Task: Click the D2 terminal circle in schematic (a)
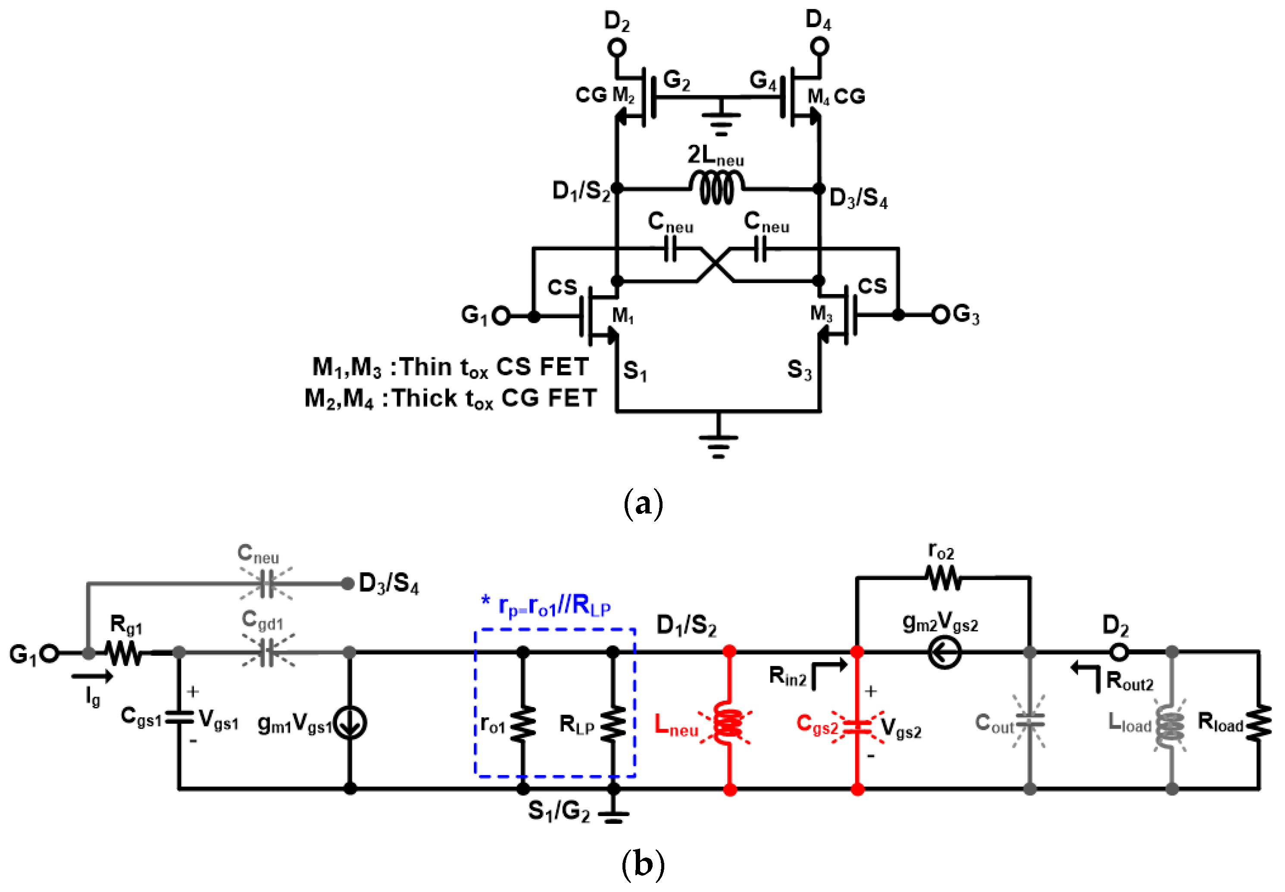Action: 617,47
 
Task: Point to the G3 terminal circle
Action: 940,315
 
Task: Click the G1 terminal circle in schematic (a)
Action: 500,316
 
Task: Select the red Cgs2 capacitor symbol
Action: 857,726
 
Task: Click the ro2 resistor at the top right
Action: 943,578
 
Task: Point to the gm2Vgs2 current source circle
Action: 944,652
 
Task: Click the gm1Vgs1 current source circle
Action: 350,723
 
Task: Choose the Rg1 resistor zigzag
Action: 125,653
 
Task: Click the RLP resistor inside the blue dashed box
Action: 613,723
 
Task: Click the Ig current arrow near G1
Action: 92,677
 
